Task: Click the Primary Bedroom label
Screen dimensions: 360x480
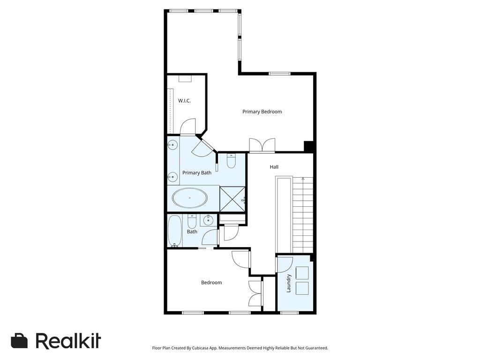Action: tap(262, 112)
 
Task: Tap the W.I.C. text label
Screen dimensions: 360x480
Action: tap(184, 101)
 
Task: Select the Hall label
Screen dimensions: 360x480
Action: tap(274, 167)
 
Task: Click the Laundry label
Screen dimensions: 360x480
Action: tap(289, 283)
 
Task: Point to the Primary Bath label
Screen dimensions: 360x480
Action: tap(197, 173)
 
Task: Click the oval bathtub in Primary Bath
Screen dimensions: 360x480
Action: tap(190, 198)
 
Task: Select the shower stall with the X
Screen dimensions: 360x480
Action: tap(232, 199)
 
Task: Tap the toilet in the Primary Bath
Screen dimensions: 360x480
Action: tap(231, 162)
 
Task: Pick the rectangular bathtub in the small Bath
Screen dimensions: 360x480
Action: tap(175, 231)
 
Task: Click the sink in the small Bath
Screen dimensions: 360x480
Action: tap(207, 219)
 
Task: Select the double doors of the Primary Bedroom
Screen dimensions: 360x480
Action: tap(262, 145)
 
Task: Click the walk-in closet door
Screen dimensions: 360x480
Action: tap(188, 127)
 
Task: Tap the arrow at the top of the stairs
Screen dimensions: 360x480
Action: tap(303, 179)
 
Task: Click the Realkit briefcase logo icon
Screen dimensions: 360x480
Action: tap(19, 341)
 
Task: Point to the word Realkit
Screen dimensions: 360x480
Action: tap(68, 341)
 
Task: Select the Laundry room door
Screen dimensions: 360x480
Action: tap(285, 263)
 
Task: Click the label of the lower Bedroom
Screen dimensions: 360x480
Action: tap(211, 283)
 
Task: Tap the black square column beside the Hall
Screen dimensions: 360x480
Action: tap(308, 146)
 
